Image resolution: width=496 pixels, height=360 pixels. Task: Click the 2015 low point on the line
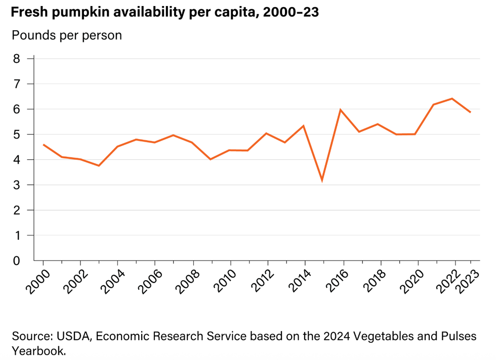tap(322, 180)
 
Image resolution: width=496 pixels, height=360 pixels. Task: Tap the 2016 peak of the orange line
tap(341, 110)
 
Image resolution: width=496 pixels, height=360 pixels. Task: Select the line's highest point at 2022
tap(452, 99)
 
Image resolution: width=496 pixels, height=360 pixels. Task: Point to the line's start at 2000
tap(44, 145)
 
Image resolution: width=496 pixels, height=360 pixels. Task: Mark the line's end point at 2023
tap(471, 112)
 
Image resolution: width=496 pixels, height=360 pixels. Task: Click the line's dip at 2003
tap(99, 165)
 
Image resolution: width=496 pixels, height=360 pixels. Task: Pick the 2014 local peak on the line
tap(303, 126)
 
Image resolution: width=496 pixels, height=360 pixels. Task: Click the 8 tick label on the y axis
tap(16, 59)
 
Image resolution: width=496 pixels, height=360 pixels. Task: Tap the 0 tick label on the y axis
tap(16, 261)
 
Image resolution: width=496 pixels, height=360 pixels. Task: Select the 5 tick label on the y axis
tap(16, 134)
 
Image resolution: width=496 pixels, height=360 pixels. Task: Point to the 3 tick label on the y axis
tap(16, 185)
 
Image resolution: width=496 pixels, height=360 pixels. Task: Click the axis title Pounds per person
tap(66, 35)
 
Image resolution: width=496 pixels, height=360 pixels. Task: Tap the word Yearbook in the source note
tap(38, 350)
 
